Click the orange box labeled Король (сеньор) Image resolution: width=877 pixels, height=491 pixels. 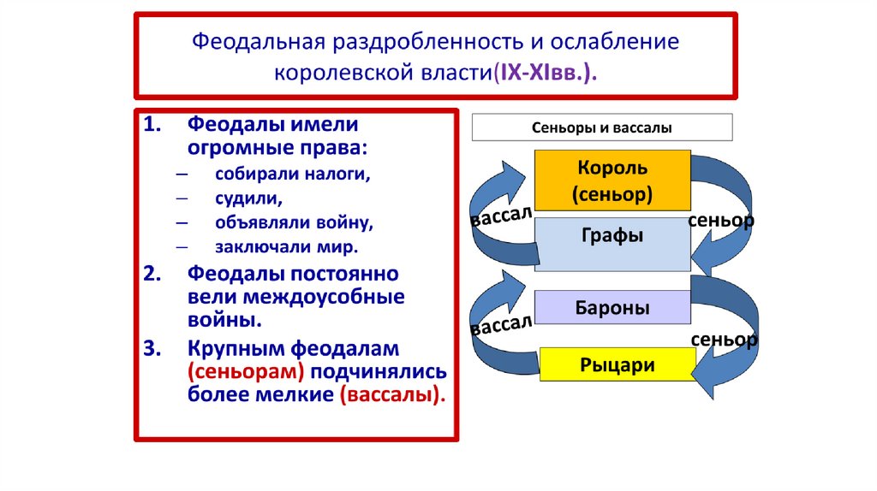pos(612,180)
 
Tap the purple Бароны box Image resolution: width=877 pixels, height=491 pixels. pos(612,307)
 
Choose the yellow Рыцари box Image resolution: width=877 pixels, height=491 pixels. pos(617,365)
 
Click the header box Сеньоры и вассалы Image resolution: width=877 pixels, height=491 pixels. pos(602,128)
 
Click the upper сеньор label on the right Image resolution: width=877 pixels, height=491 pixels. pos(721,221)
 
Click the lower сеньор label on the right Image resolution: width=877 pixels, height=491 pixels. pos(724,339)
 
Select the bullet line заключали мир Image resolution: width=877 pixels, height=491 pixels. pos(287,246)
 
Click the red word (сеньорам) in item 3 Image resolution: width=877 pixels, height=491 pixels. pos(247,372)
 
